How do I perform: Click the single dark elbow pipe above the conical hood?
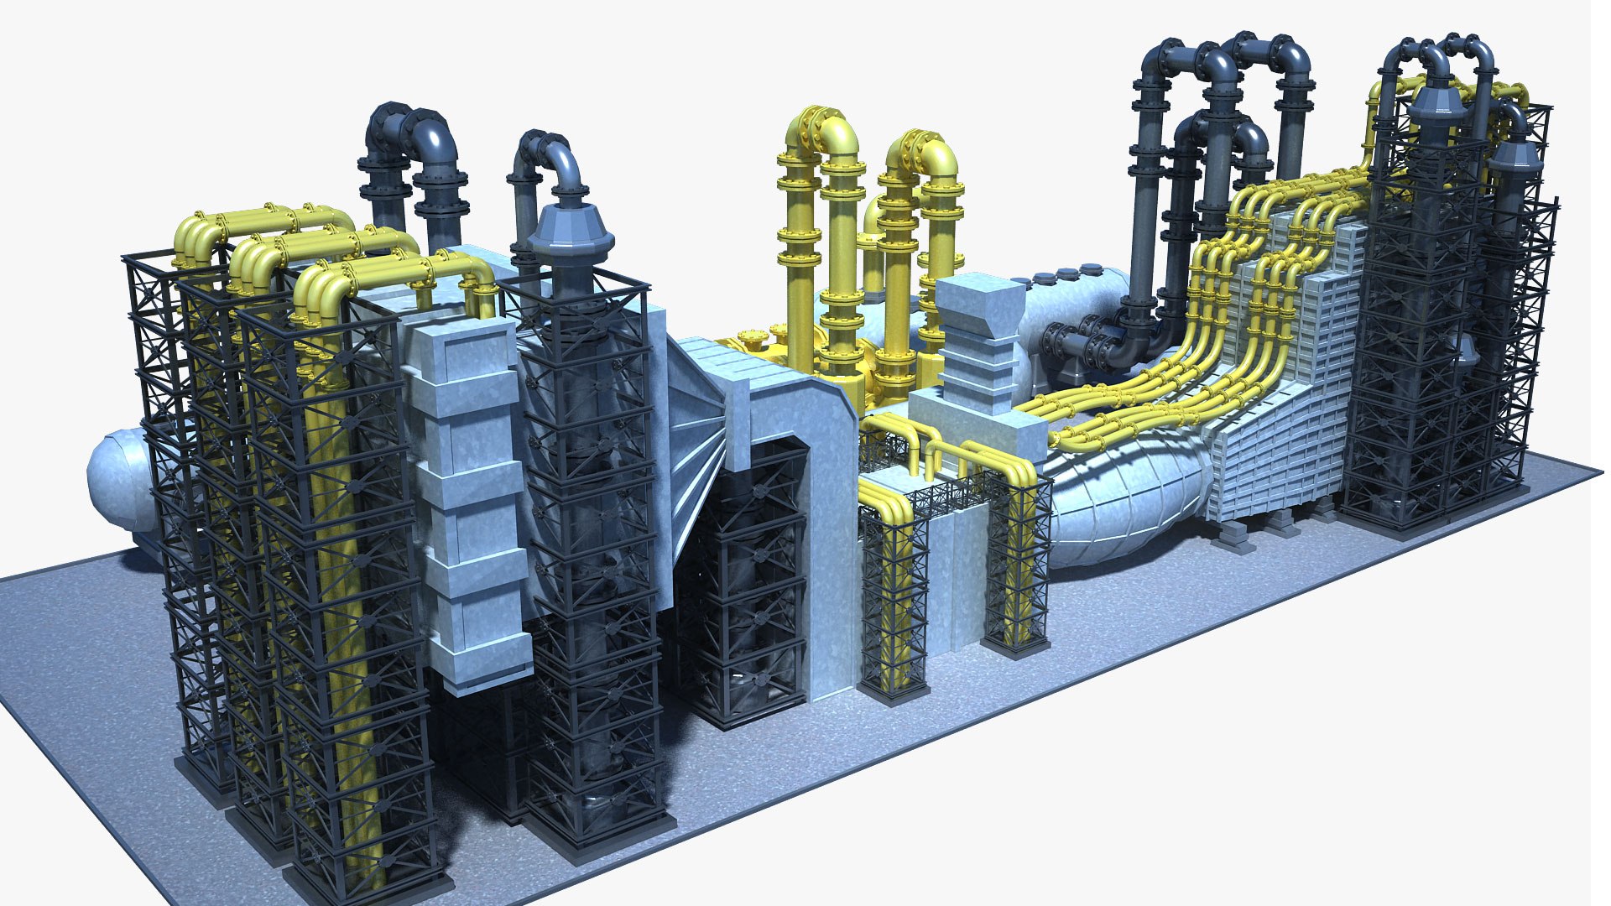(x=550, y=155)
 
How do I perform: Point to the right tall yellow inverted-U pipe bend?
(x=923, y=155)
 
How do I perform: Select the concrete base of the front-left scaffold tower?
(x=369, y=889)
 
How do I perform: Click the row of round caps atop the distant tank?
(x=1066, y=272)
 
